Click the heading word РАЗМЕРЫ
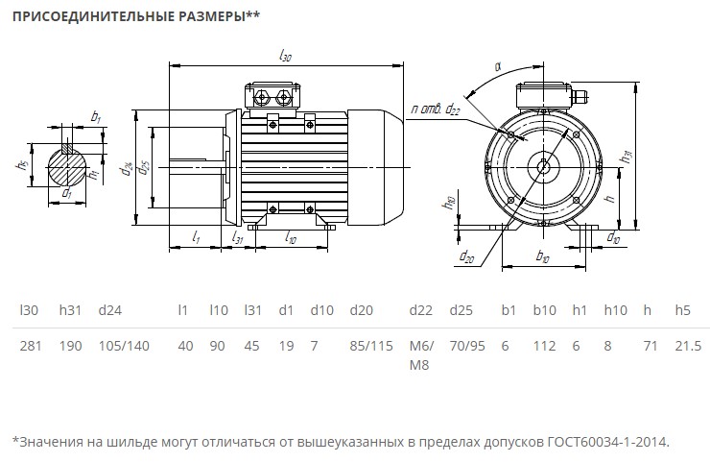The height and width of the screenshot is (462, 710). click(x=210, y=16)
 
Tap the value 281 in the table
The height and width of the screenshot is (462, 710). click(x=30, y=346)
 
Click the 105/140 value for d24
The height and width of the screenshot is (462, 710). click(x=125, y=346)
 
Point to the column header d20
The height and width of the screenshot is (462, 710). click(x=361, y=310)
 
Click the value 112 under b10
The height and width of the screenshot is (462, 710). click(x=544, y=346)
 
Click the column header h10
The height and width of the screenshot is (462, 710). click(x=615, y=310)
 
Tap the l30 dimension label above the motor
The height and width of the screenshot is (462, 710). click(x=285, y=57)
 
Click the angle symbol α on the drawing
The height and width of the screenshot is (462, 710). click(x=498, y=66)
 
